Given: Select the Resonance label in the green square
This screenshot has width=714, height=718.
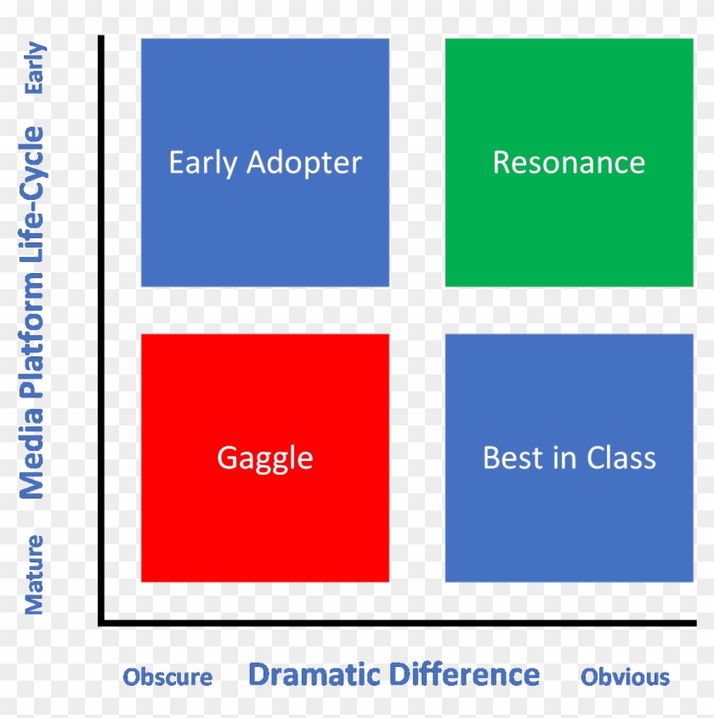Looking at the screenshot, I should click(569, 162).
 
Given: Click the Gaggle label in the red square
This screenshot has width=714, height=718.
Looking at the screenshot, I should click(265, 459).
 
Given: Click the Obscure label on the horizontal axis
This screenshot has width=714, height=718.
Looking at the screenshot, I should click(167, 677).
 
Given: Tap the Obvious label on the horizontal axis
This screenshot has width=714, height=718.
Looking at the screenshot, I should click(625, 677).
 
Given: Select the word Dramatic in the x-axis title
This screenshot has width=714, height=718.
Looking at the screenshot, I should click(314, 675).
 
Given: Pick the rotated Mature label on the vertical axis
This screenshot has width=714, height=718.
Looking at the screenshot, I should click(33, 574).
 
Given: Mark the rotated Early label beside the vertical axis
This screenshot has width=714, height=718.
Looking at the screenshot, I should click(35, 69).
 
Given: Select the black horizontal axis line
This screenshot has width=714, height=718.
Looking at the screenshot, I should click(399, 624).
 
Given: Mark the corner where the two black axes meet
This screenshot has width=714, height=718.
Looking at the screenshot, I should click(101, 624).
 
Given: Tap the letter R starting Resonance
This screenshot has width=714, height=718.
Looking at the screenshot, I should click(501, 162).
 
